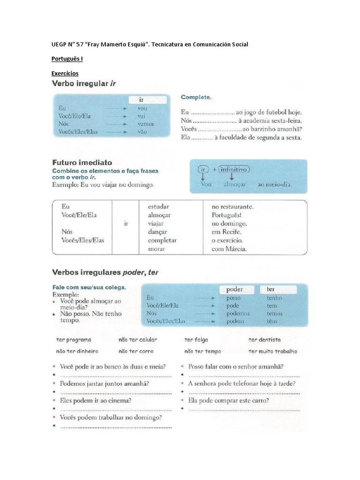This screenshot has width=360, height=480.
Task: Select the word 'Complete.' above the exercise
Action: point(196,97)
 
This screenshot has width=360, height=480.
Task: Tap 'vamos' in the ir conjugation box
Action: point(146,124)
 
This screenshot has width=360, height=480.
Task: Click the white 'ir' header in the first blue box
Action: point(147,100)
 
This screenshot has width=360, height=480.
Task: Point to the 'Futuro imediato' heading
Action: point(82,163)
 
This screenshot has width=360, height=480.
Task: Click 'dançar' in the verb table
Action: point(157,232)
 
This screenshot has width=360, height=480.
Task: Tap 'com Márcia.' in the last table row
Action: point(229,249)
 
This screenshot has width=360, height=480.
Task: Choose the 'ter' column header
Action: point(271,289)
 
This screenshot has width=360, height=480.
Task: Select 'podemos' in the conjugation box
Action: point(238,313)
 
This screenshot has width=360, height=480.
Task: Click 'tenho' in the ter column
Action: point(274,298)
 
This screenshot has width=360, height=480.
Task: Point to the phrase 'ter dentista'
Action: point(264,340)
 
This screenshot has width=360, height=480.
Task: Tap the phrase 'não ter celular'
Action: point(138,340)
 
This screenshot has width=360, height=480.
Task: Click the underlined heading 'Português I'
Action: point(67,59)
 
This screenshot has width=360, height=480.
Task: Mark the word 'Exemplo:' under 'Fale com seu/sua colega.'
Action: point(65,295)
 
